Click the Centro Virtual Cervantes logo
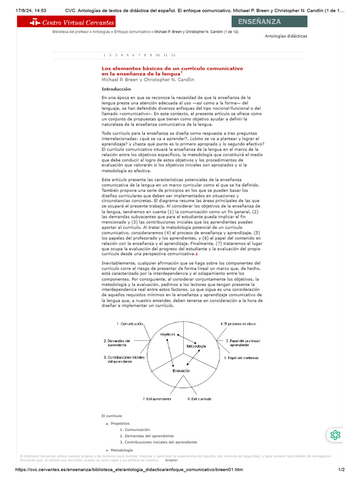pos(66,22)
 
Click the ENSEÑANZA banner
pos(270,22)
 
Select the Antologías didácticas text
pos(286,36)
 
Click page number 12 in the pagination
pos(173,55)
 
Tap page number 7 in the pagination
pos(139,55)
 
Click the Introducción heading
pos(116,89)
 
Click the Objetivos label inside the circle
pos(167,334)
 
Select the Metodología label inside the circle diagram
pos(196,346)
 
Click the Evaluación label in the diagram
pos(181,370)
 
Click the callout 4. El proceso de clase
pos(238,324)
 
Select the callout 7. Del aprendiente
pos(157,399)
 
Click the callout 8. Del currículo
pos(199,399)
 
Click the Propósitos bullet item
pos(120,423)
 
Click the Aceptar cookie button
pos(172,461)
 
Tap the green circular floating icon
pos(335,435)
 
